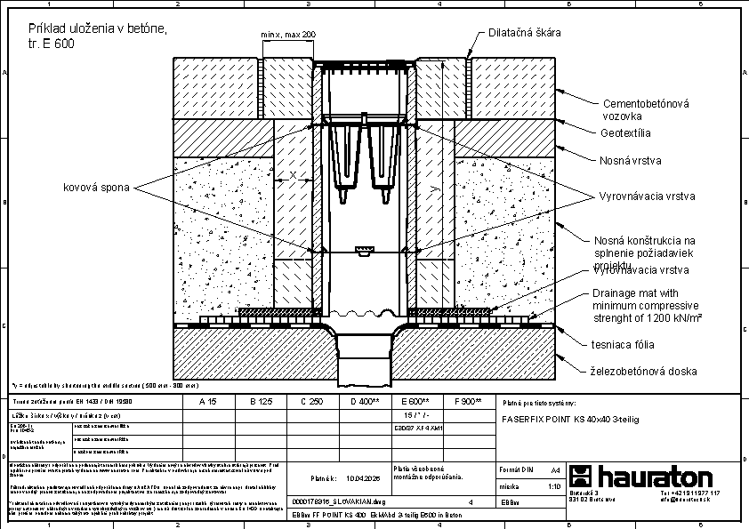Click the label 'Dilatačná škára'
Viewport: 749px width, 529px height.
pyautogui.click(x=525, y=33)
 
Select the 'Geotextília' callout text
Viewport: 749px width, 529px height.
pyautogui.click(x=625, y=133)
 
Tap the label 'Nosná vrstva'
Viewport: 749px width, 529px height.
pyautogui.click(x=629, y=161)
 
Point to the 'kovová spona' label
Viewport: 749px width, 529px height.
pyautogui.click(x=96, y=188)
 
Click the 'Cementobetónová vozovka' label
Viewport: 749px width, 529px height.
pyautogui.click(x=646, y=109)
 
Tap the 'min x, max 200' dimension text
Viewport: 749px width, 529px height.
pyautogui.click(x=288, y=35)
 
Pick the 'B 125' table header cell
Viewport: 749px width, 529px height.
pyautogui.click(x=260, y=402)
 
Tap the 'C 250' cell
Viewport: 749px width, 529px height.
pyautogui.click(x=311, y=402)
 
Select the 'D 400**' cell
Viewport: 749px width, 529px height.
pyautogui.click(x=363, y=402)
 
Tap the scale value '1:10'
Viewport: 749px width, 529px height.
pyautogui.click(x=553, y=487)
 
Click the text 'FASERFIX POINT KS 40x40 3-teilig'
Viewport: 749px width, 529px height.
pyautogui.click(x=571, y=418)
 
